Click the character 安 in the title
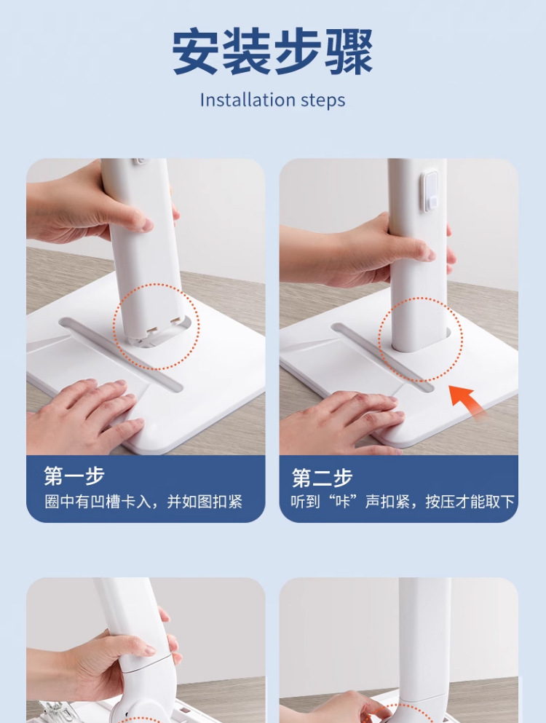click(196, 51)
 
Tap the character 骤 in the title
click(349, 51)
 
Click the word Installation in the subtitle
click(247, 100)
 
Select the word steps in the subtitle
click(323, 101)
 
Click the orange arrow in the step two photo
click(467, 400)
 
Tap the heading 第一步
click(74, 476)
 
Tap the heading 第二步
click(322, 478)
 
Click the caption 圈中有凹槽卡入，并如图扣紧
click(143, 502)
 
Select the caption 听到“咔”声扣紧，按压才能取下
click(403, 502)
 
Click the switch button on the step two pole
click(431, 191)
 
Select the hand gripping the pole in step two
click(364, 251)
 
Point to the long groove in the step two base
click(383, 357)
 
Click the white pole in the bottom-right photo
click(425, 646)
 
